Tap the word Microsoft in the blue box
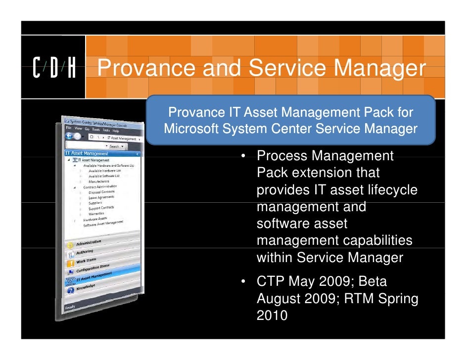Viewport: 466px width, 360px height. click(191, 130)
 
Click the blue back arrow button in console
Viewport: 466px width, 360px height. click(69, 135)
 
